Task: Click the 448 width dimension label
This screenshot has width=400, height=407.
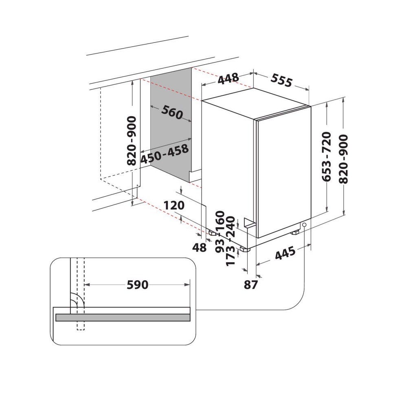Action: pos(228,79)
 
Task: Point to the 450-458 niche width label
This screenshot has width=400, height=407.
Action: pos(164,154)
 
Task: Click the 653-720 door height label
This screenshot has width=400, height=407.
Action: pos(326,156)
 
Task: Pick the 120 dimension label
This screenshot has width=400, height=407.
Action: pos(174,205)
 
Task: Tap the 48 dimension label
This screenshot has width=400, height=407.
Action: pos(199,248)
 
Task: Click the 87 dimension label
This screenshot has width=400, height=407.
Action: pos(251,285)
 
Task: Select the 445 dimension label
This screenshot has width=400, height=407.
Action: pos(285,253)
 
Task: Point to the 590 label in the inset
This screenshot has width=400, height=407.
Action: pos(137,285)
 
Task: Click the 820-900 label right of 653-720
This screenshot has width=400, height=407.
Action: pos(343,159)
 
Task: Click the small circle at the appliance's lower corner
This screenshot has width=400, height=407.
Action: pos(304,225)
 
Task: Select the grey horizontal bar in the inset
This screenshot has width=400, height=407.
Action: pos(123,317)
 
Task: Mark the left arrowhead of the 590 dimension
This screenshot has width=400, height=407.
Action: pos(87,285)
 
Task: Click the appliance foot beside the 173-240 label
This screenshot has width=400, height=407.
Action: pos(245,250)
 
